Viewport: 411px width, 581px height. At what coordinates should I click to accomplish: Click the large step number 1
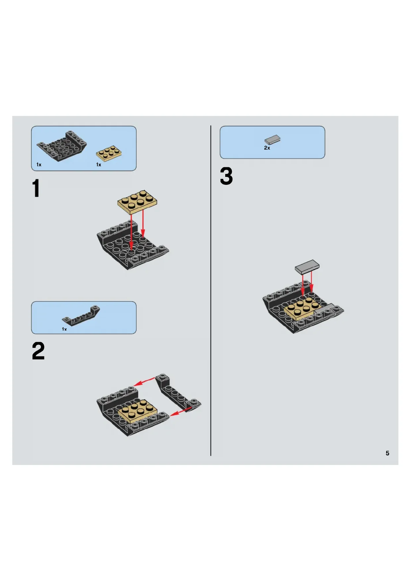pyautogui.click(x=36, y=188)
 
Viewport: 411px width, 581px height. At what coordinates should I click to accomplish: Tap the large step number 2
pyautogui.click(x=38, y=351)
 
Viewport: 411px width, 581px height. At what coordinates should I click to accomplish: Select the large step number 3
pyautogui.click(x=227, y=176)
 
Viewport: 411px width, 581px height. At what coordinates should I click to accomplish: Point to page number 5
pyautogui.click(x=387, y=453)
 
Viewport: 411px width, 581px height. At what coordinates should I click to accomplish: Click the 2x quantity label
pyautogui.click(x=267, y=148)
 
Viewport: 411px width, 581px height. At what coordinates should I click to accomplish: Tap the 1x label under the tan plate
pyautogui.click(x=99, y=165)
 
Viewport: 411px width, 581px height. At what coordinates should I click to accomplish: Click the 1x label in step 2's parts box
pyautogui.click(x=64, y=329)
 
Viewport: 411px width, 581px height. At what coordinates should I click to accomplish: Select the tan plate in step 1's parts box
pyautogui.click(x=109, y=153)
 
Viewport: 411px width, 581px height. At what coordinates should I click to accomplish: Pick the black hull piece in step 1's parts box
pyautogui.click(x=62, y=146)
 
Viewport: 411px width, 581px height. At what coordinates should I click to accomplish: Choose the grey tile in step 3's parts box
pyautogui.click(x=272, y=140)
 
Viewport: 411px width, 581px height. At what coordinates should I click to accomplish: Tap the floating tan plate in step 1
pyautogui.click(x=137, y=202)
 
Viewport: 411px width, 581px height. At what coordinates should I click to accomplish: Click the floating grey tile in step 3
pyautogui.click(x=307, y=267)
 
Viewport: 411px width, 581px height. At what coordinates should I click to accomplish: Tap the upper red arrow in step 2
pyautogui.click(x=144, y=382)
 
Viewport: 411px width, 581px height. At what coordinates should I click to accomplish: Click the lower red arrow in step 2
pyautogui.click(x=181, y=411)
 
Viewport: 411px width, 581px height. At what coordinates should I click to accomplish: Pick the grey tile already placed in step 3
pyautogui.click(x=324, y=309)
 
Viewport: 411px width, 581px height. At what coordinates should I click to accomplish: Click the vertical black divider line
pyautogui.click(x=211, y=290)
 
